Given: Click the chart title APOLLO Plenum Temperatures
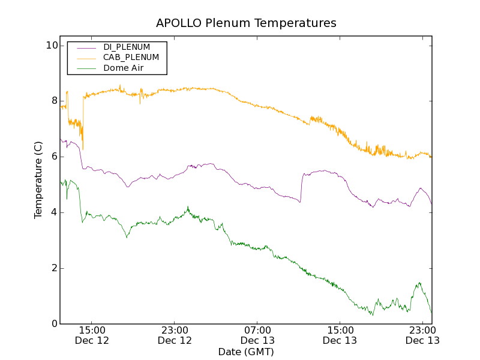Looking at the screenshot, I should (246, 23).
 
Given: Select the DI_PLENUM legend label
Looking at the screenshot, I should (127, 47).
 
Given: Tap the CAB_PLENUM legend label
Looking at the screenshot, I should (131, 58).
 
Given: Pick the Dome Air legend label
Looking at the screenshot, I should (124, 68).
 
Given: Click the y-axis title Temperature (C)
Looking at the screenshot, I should (38, 180).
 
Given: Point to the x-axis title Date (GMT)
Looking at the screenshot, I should (246, 352).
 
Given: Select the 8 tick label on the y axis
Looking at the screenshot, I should (54, 101).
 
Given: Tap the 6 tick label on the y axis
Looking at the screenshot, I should (54, 157).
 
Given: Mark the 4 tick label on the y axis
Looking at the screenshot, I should (54, 212).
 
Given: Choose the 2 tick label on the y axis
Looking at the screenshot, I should (54, 268).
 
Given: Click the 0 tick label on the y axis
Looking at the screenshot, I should (54, 324).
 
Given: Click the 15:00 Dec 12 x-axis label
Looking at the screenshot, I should (92, 335).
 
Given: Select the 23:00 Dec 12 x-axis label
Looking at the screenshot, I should (175, 335).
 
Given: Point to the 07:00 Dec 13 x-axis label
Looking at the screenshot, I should (257, 335).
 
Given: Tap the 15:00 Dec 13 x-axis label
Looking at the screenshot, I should (340, 335).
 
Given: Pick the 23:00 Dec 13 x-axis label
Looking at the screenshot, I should (422, 335).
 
